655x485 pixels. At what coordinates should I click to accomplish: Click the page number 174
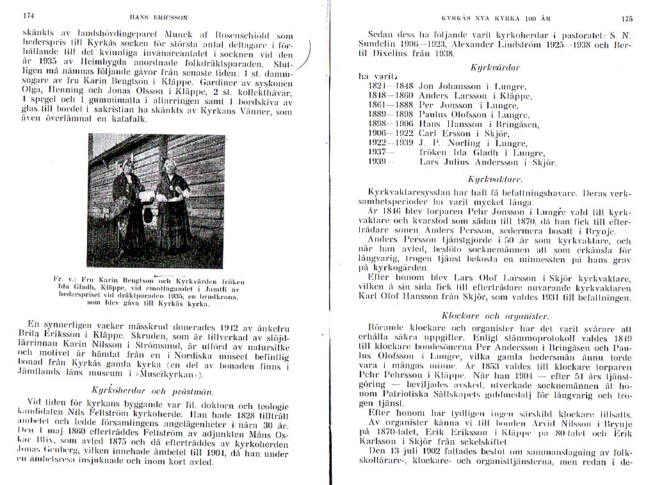[28, 15]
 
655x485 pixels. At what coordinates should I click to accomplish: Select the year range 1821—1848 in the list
[391, 85]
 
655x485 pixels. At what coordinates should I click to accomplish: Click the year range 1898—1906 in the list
[391, 124]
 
